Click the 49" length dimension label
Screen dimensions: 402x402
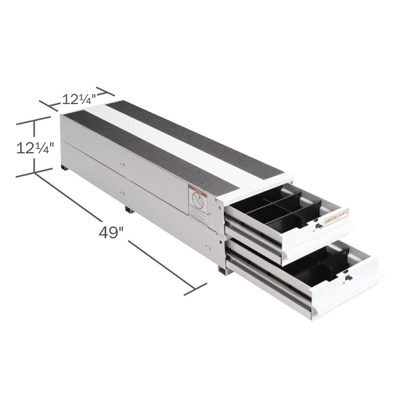click(x=111, y=232)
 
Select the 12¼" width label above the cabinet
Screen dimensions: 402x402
click(x=79, y=99)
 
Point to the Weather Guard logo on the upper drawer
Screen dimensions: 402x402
click(x=336, y=217)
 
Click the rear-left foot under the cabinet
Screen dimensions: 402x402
click(x=64, y=168)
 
